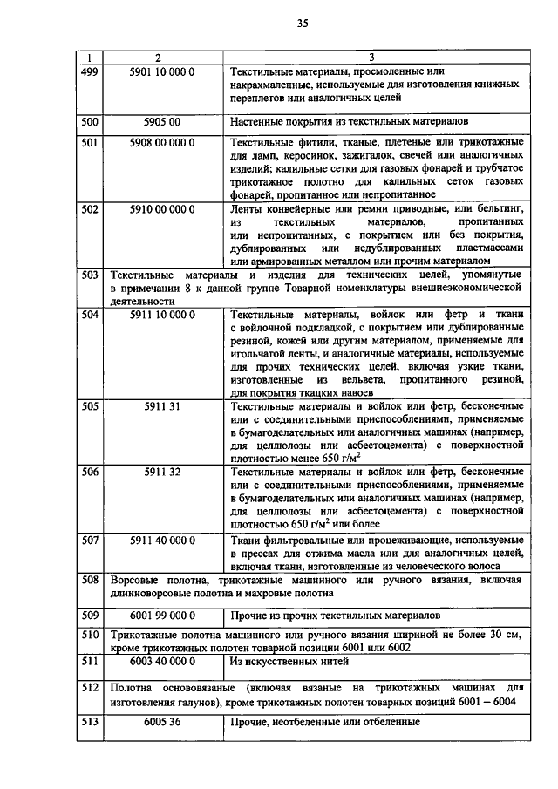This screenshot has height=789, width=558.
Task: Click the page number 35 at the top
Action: [302, 23]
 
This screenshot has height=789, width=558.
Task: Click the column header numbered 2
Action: [156, 58]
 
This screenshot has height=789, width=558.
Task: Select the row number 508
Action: [89, 580]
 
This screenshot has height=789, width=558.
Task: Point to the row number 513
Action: [89, 722]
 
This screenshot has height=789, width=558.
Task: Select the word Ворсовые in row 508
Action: [138, 580]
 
